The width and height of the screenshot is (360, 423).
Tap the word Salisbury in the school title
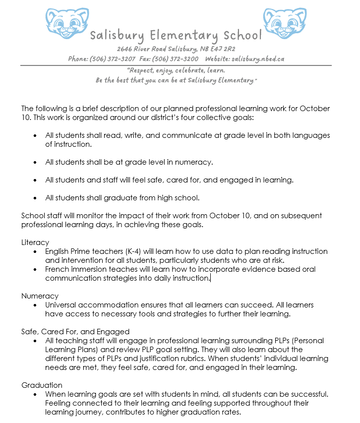[117, 36]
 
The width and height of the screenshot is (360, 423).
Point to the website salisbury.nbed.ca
[258, 59]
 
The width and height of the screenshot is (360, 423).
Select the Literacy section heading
[35, 242]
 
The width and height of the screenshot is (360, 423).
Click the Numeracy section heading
[40, 296]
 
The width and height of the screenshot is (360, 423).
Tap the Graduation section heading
[42, 385]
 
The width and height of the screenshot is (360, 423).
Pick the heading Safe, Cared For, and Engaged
[75, 332]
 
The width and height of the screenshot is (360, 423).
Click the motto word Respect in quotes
[144, 70]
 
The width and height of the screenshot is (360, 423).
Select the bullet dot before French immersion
[35, 269]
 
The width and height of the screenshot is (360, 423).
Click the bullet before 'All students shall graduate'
[35, 198]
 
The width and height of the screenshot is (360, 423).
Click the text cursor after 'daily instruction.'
[210, 278]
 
